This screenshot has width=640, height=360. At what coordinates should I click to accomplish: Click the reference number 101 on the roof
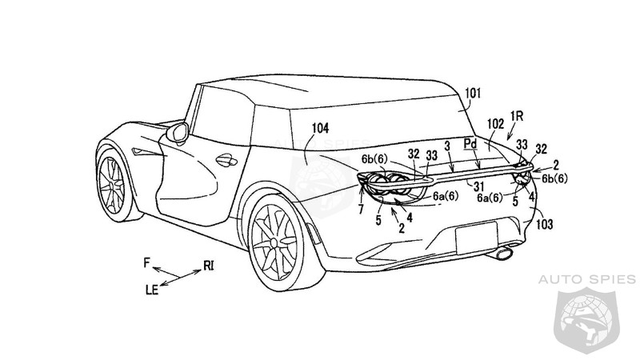474,94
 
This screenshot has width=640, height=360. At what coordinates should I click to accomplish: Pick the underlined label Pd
472,145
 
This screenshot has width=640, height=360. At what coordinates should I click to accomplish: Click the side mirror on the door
178,130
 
